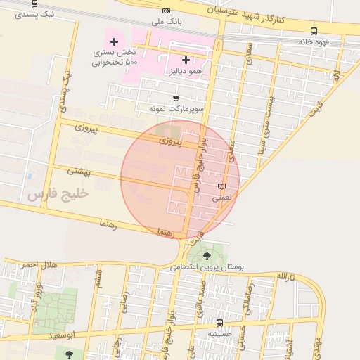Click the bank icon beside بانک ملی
(x=166, y=11)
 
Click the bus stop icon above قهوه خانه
(x=314, y=31)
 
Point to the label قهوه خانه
(x=314, y=42)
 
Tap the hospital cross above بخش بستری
(x=114, y=42)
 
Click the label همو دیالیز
(x=186, y=71)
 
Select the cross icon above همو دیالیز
(x=186, y=60)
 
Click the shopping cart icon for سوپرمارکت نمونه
(x=175, y=98)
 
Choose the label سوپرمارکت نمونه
(x=175, y=109)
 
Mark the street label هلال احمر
(x=37, y=264)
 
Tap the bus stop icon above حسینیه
(x=220, y=323)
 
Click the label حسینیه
(x=220, y=335)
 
